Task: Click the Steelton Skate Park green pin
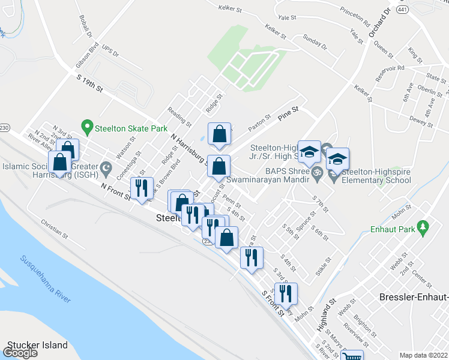(x=87, y=127)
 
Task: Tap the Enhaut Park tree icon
(x=424, y=227)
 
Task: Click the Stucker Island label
(x=37, y=346)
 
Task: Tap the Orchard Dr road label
(x=379, y=24)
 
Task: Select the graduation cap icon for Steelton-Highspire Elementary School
(x=338, y=160)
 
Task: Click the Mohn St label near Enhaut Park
(x=402, y=212)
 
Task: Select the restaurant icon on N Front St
(x=142, y=188)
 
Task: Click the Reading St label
(x=179, y=116)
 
